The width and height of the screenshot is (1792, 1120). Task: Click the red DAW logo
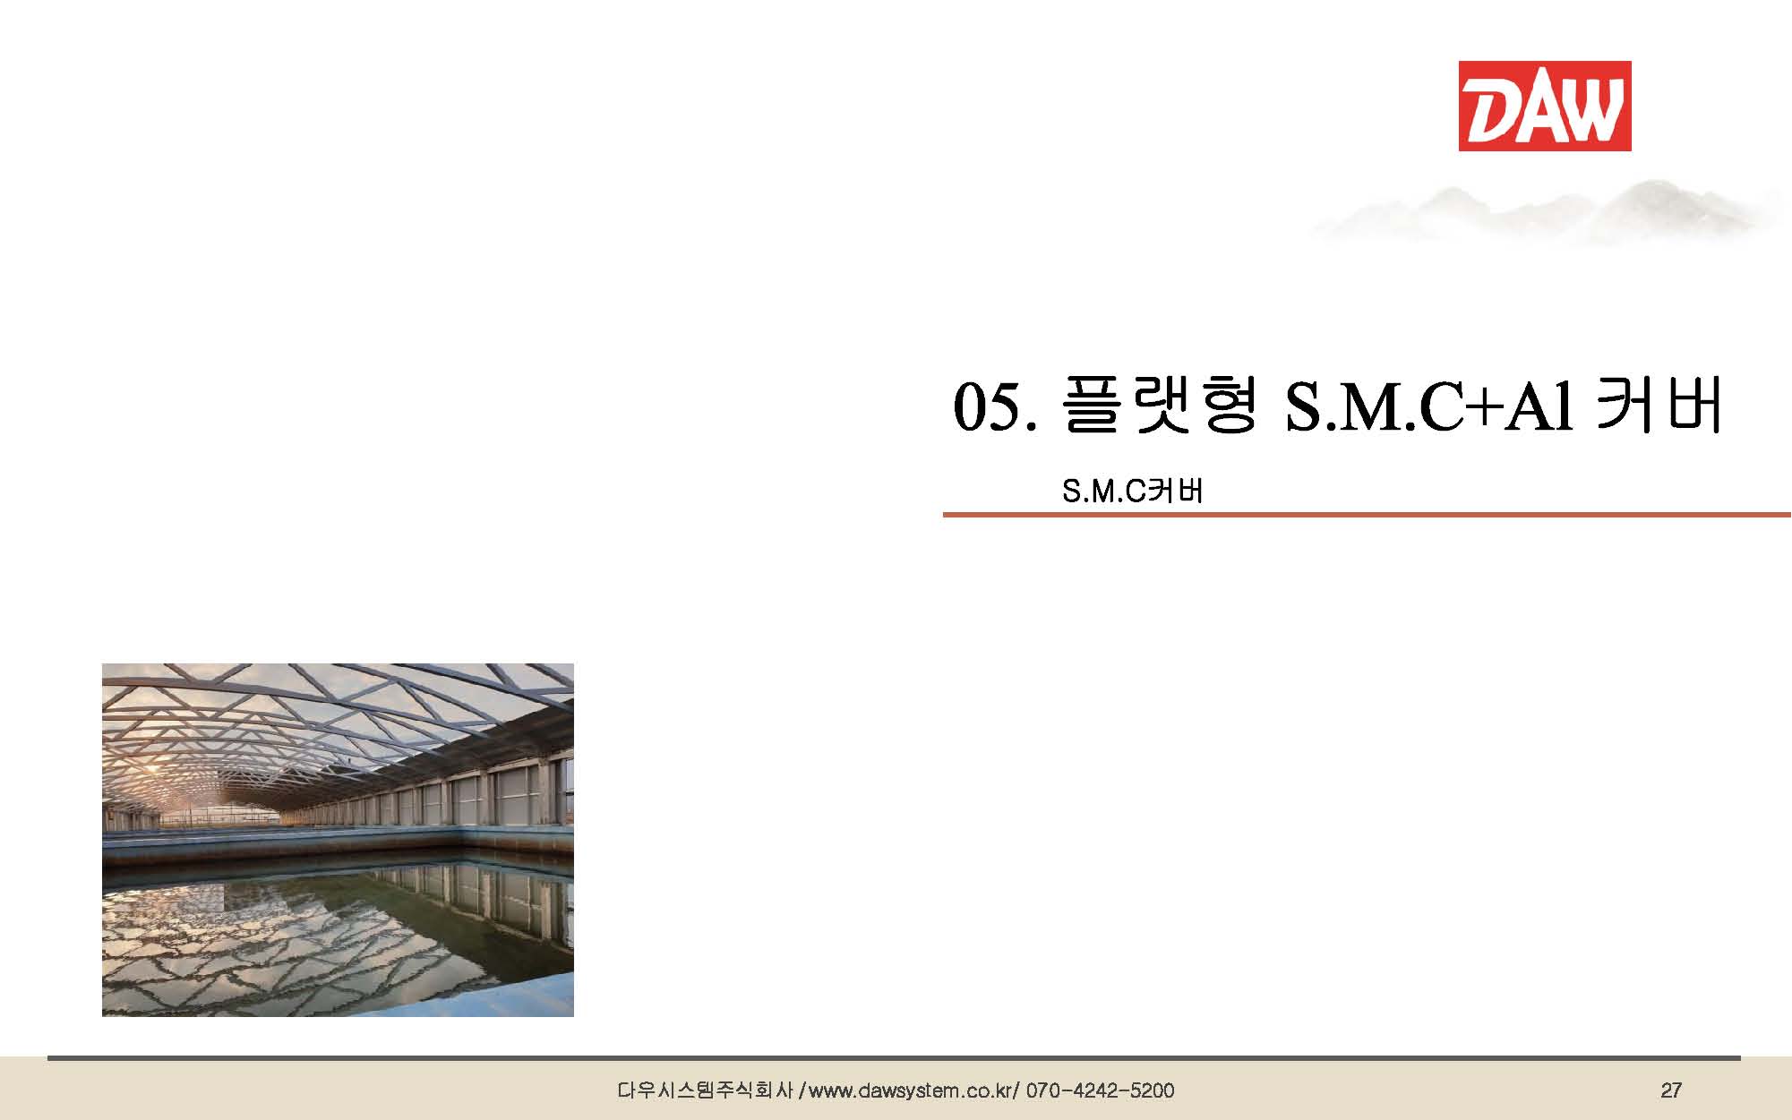[1544, 106]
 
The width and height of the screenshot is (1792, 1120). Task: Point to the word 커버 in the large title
[1659, 406]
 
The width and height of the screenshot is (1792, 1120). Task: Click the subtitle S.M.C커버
[1132, 491]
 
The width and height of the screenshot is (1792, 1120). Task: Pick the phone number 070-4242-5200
[1100, 1090]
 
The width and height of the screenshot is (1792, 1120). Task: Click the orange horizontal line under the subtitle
[1367, 515]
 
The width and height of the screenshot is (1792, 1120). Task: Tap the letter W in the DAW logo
[1592, 107]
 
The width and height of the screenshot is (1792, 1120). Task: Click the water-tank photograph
[338, 840]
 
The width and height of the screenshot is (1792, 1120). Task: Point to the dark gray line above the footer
[894, 1058]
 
